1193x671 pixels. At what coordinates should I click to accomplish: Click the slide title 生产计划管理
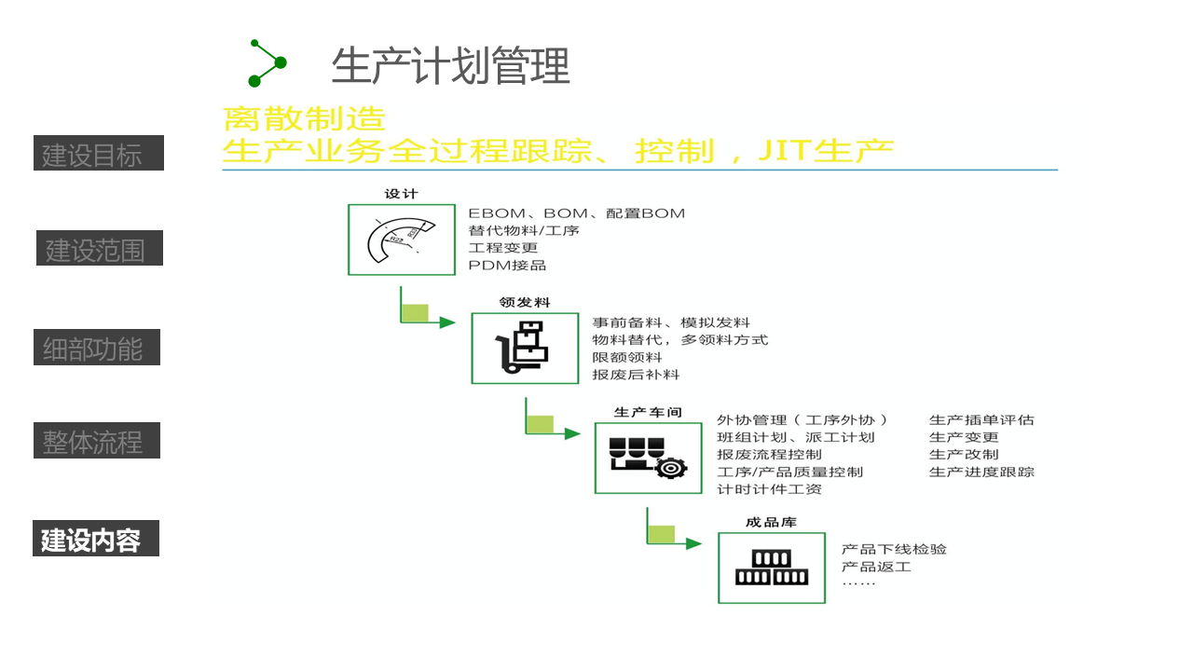point(450,66)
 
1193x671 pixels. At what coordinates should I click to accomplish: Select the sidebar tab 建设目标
point(99,154)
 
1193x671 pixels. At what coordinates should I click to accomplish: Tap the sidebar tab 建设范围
point(99,249)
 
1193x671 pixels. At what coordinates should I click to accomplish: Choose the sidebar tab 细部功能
point(96,349)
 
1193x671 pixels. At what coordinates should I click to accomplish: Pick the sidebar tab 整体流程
point(96,441)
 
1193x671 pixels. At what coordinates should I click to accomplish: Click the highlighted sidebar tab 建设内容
point(95,539)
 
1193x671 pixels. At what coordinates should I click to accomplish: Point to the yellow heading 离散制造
point(304,119)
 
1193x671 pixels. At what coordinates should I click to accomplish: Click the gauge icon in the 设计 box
point(402,240)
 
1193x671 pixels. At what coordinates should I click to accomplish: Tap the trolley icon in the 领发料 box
point(525,348)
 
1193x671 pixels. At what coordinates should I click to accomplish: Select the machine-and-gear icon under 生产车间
point(648,458)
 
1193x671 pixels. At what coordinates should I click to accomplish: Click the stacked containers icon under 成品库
point(771,568)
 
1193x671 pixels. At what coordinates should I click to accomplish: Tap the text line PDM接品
point(507,266)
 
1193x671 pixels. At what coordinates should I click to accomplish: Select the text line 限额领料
point(627,357)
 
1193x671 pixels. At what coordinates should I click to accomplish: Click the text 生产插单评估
point(981,420)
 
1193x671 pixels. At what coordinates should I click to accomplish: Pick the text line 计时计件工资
point(769,489)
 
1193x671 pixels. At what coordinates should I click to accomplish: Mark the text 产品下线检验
point(894,549)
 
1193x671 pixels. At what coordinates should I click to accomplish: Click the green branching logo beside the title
point(267,63)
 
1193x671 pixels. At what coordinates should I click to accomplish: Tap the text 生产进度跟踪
point(981,472)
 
